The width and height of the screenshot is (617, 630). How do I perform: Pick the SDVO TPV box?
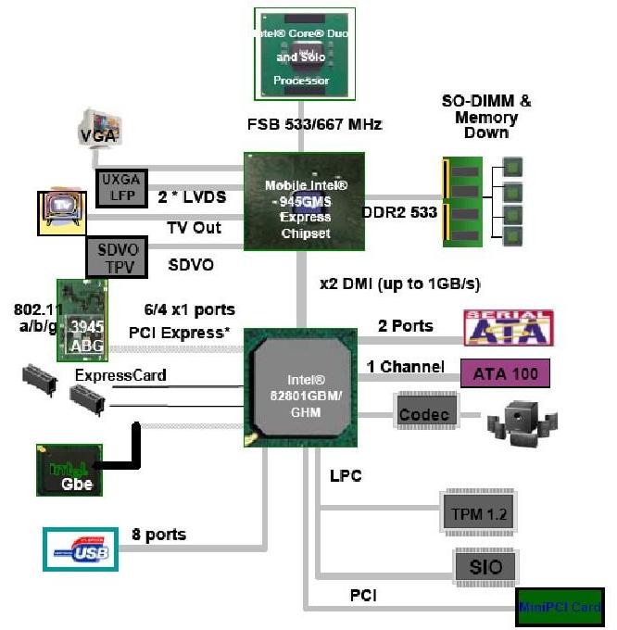117,256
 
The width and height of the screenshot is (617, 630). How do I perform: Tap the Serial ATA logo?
508,327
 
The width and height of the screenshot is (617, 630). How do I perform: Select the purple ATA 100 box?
506,372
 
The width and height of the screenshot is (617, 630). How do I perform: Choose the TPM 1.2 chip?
477,510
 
